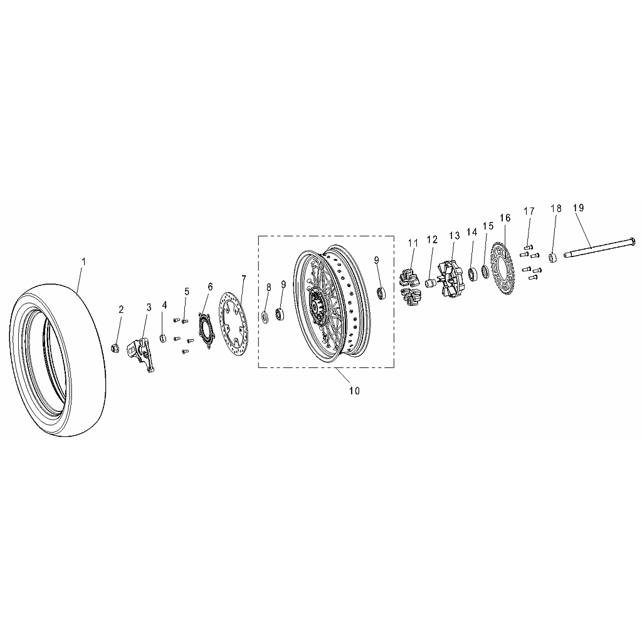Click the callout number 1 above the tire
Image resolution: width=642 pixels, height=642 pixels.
[x=84, y=261]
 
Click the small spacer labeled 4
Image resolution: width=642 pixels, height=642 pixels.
[x=163, y=339]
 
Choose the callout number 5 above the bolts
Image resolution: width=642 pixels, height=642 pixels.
[x=187, y=292]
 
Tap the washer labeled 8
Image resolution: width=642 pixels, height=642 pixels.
[x=265, y=317]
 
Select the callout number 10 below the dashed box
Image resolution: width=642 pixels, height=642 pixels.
[x=354, y=391]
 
